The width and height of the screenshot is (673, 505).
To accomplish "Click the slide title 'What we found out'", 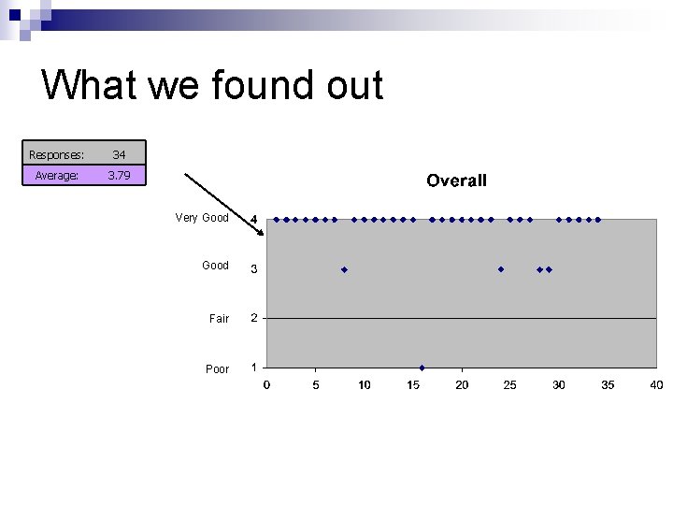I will coord(212,85).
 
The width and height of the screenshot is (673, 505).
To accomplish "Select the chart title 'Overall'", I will coord(456,180).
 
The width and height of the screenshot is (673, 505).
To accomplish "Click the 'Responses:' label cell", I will coord(56,154).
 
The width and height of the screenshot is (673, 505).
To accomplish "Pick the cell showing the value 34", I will coord(119,154).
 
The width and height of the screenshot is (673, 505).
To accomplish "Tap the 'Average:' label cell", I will coord(56,175).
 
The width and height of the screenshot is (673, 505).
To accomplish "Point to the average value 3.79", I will coord(119,175).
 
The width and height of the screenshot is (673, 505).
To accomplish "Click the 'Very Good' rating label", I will coord(202,218).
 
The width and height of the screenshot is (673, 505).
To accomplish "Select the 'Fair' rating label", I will coord(219,319).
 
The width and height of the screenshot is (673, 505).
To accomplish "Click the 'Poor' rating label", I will coord(217,369).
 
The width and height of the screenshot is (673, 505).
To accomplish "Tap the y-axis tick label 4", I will coord(253,220).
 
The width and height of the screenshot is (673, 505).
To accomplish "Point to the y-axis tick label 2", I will coord(253,318).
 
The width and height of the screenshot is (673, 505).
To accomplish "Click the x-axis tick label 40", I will coord(656,385).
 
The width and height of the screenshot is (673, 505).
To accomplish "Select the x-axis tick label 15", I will coord(413,385).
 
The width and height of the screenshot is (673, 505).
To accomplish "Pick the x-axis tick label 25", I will coord(510,385).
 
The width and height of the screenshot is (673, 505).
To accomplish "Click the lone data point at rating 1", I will coord(422,368).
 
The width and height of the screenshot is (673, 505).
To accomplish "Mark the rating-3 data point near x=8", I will coord(344,269).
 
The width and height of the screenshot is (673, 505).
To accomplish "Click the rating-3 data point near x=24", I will coord(501,269).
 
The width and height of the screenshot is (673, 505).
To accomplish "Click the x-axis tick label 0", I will coord(266,385).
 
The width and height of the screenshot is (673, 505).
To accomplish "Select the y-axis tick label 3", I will coord(253,270).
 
